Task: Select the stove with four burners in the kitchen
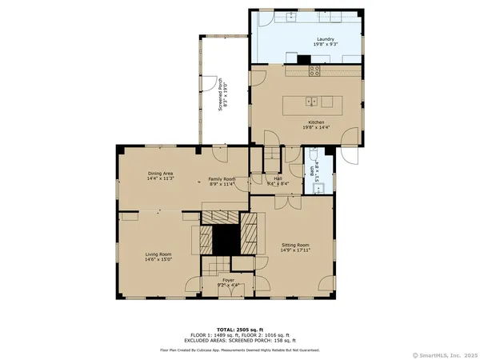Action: pos(315,70)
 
